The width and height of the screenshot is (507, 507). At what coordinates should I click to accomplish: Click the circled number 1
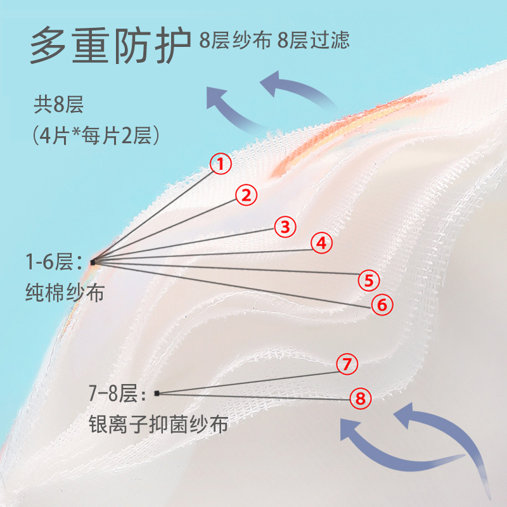221,165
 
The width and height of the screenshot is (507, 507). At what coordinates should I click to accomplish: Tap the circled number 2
247,195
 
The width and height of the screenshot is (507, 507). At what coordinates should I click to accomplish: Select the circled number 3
285,226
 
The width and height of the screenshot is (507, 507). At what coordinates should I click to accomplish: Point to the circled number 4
321,242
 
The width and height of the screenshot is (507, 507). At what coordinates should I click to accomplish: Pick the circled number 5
368,279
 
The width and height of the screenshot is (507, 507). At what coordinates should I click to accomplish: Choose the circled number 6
382,305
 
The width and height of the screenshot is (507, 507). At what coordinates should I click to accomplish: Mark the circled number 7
347,364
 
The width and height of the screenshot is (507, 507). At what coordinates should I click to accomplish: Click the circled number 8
360,399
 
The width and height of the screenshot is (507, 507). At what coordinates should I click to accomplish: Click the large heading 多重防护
110,45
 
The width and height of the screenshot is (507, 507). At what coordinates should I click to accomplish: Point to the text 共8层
60,104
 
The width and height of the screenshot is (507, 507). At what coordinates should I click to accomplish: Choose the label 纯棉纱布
65,293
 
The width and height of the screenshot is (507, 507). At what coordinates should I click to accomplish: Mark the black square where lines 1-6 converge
93,262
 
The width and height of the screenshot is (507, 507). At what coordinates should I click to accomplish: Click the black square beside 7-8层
157,393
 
